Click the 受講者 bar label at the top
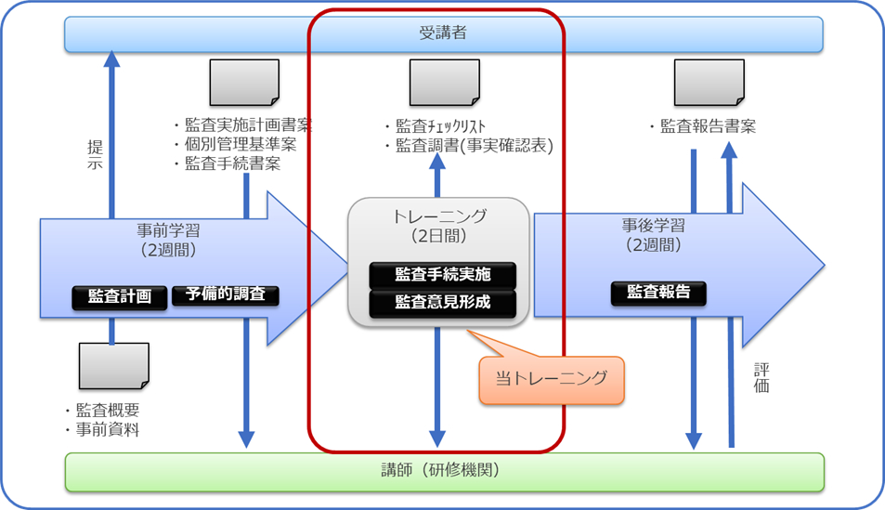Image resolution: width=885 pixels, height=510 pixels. click(x=442, y=33)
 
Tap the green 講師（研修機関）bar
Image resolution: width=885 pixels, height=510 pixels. click(x=442, y=470)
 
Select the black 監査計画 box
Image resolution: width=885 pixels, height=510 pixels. click(x=120, y=296)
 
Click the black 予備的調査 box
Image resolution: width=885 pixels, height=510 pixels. click(x=226, y=295)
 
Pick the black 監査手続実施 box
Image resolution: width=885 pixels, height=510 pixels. click(x=442, y=274)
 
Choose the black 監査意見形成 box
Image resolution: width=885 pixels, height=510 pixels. click(x=442, y=302)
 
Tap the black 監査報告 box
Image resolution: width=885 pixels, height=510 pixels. click(x=658, y=293)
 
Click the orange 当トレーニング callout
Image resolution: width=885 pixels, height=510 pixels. click(x=552, y=378)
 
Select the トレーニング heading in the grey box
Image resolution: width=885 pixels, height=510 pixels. click(x=439, y=216)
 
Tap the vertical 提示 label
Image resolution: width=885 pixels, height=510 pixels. click(x=95, y=154)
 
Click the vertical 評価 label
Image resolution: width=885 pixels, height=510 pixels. click(x=761, y=377)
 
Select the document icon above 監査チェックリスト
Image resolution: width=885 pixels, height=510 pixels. click(x=444, y=83)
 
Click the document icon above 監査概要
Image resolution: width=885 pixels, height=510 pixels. click(x=113, y=365)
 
